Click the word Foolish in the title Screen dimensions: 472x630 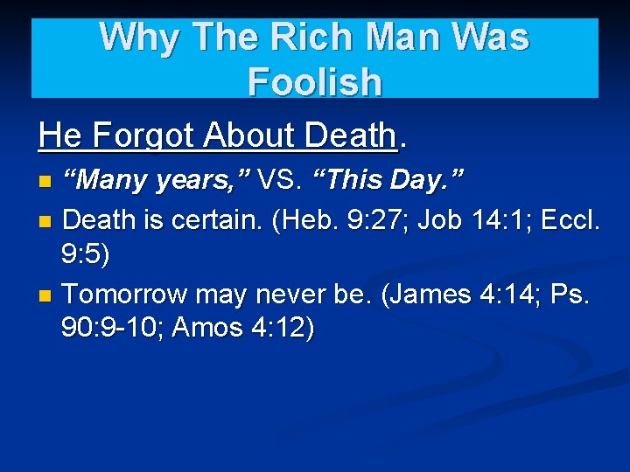point(315,82)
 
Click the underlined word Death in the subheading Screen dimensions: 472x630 point(350,135)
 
